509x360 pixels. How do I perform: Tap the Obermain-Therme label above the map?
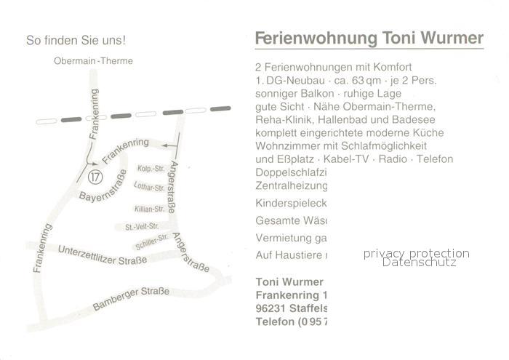[93, 61]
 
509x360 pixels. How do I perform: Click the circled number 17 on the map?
[93, 177]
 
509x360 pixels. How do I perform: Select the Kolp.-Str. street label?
[148, 169]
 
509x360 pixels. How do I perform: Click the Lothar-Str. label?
[148, 188]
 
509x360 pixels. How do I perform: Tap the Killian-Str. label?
[148, 209]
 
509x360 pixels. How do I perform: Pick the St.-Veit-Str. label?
[142, 227]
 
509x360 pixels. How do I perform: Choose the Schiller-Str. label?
[153, 239]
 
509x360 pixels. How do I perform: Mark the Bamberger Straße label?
[131, 300]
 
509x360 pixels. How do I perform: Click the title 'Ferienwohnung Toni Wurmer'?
[369, 38]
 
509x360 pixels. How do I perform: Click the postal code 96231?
[273, 308]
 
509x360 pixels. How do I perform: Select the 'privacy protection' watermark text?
[417, 253]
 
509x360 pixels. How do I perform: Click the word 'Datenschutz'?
[420, 262]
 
